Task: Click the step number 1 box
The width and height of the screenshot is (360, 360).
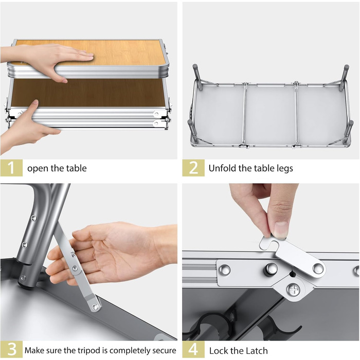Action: click(11, 168)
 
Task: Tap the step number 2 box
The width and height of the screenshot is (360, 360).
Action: click(193, 168)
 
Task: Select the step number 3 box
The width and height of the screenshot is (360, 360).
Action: click(11, 350)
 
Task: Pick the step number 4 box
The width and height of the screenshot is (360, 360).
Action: click(193, 350)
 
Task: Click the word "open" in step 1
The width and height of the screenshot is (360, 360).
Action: click(38, 169)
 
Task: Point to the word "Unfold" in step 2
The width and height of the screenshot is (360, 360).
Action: click(222, 168)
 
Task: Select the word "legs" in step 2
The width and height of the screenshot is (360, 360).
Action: click(285, 169)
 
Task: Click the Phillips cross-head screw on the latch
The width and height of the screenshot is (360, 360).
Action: click(294, 290)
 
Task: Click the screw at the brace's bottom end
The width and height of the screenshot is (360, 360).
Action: click(95, 307)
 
